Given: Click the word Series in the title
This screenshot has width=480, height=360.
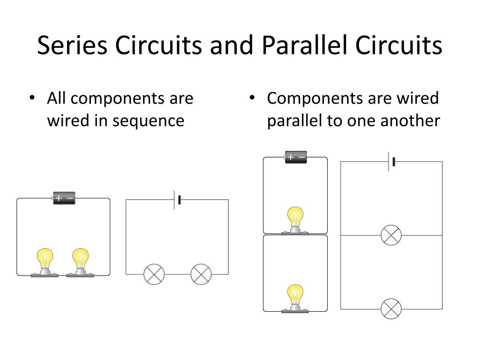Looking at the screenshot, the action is click(x=72, y=45).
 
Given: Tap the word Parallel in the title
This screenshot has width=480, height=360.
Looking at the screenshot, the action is click(x=306, y=45).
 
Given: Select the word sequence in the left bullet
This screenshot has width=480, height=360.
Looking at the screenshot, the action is click(x=149, y=121).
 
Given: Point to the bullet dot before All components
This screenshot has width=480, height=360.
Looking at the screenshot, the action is click(x=32, y=98).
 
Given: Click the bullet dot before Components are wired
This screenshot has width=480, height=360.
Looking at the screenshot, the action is click(x=252, y=98).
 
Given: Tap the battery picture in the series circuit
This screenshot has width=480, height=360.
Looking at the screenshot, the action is click(x=64, y=198).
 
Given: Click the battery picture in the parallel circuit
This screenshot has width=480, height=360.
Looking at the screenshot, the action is click(x=296, y=157).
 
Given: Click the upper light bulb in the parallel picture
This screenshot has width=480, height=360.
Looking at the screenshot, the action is click(x=295, y=221).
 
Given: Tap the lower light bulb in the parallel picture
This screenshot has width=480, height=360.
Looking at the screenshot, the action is click(x=295, y=299).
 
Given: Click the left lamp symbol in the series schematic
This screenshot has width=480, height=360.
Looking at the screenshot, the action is click(x=154, y=274).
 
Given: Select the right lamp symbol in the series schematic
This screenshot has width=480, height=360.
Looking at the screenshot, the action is click(x=201, y=274).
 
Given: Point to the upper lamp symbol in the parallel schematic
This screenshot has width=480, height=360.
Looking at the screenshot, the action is click(x=391, y=235).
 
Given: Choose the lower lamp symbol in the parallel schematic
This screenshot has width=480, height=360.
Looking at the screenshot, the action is click(x=391, y=309).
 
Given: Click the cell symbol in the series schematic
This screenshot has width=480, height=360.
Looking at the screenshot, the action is click(x=177, y=200).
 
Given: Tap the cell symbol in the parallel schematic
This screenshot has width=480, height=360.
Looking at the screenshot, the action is click(x=391, y=162).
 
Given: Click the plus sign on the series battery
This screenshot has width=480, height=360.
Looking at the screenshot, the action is click(x=59, y=198).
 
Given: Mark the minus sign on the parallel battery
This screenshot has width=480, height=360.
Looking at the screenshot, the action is click(x=302, y=157).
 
